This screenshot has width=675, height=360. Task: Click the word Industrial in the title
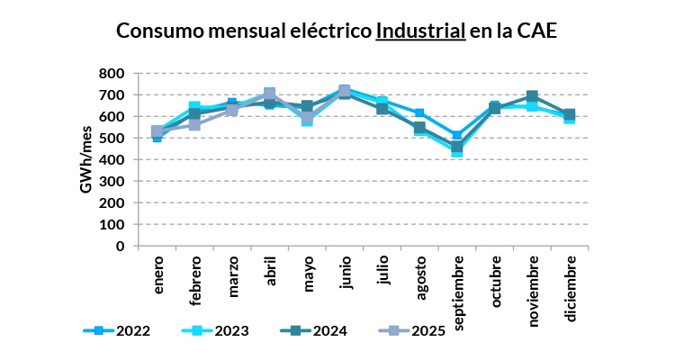click(420, 30)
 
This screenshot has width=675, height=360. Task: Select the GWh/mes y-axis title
click(87, 159)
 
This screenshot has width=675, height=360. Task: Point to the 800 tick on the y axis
click(113, 73)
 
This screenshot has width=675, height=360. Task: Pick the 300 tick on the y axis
click(113, 181)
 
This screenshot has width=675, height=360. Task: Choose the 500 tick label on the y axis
click(113, 138)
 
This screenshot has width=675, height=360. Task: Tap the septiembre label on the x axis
click(459, 293)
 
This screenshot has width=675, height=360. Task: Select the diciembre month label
click(571, 285)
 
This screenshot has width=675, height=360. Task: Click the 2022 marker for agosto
click(419, 113)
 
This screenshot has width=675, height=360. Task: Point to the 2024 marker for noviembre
click(532, 96)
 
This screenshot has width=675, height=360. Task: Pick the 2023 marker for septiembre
click(457, 151)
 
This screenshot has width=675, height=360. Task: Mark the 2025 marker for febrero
click(195, 125)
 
